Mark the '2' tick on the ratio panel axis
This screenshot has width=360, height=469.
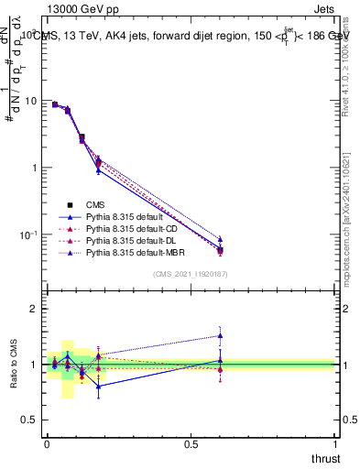pyautogui.click(x=34, y=310)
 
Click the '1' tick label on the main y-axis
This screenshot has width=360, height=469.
pyautogui.click(x=34, y=168)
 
